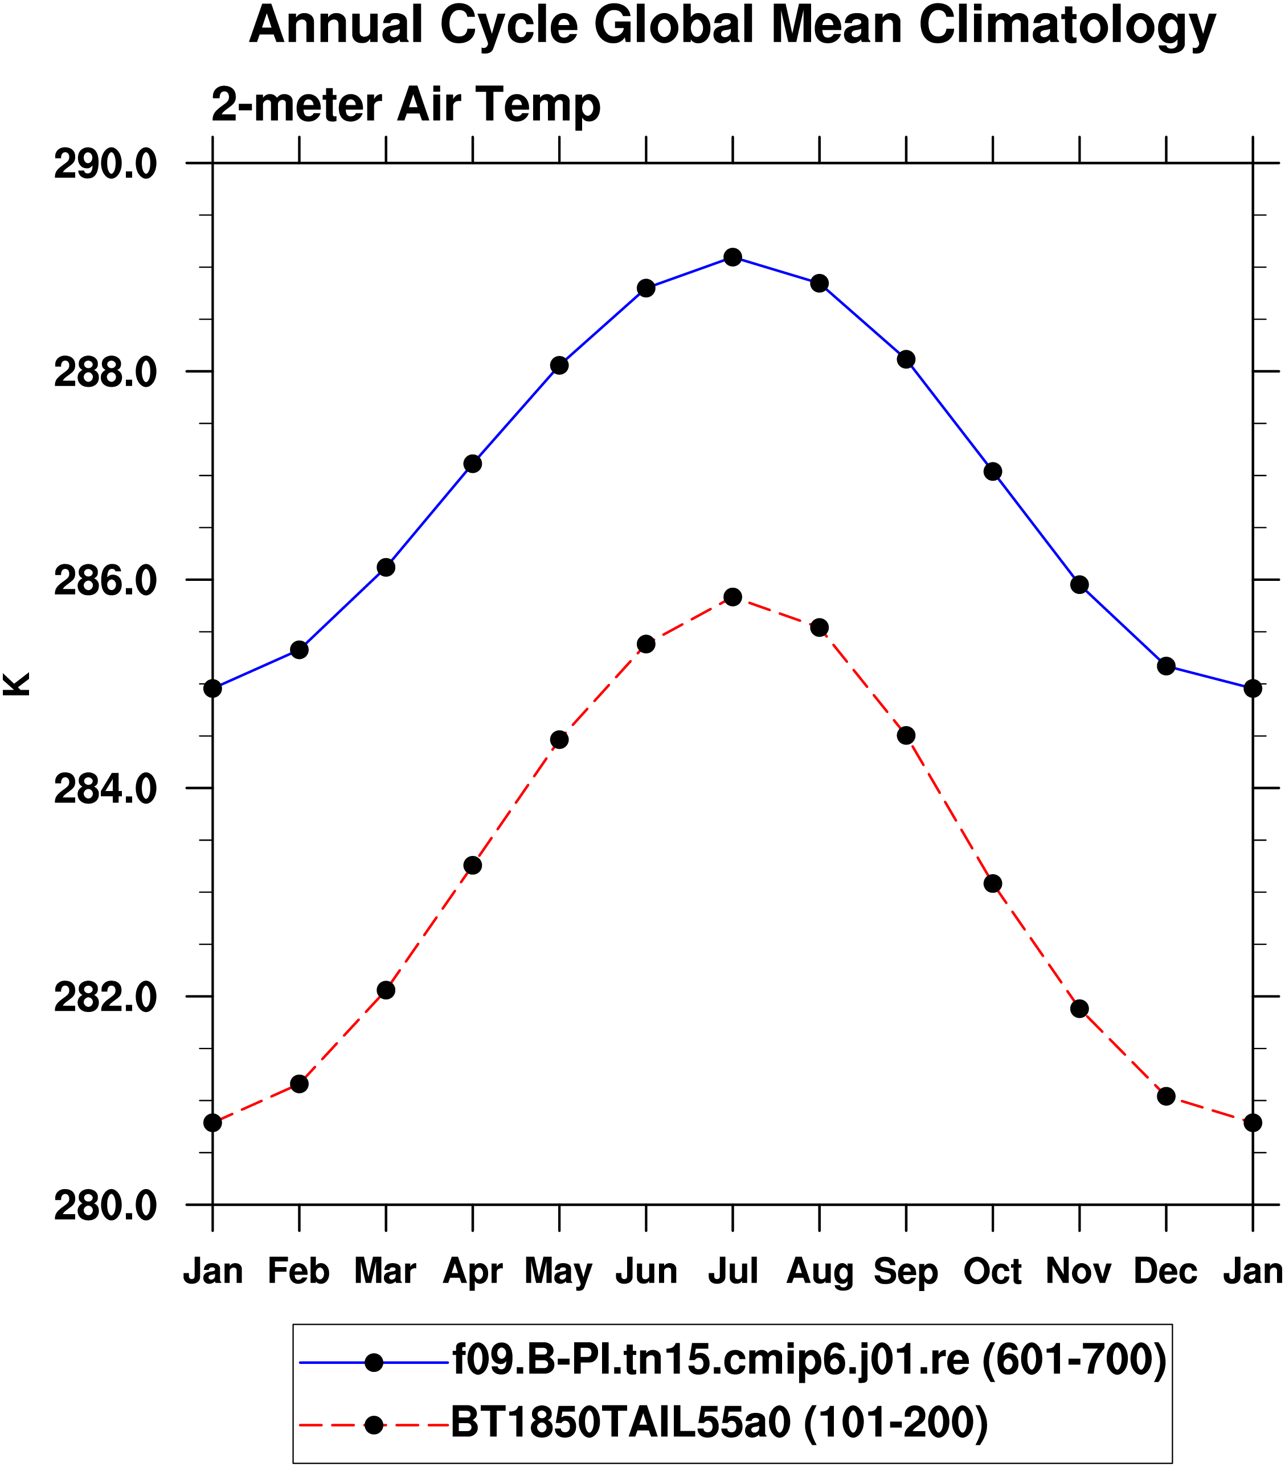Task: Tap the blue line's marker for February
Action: coord(299,650)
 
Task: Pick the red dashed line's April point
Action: coord(473,866)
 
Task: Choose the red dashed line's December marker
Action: coord(1166,1096)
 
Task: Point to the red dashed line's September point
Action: coord(906,736)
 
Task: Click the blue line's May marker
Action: coord(559,366)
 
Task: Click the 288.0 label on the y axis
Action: coord(105,374)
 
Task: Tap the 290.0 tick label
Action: coord(105,165)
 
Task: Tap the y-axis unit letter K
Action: coord(16,684)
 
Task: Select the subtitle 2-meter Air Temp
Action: coord(406,105)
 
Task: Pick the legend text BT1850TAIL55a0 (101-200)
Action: coord(719,1423)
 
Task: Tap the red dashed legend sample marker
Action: coord(374,1425)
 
